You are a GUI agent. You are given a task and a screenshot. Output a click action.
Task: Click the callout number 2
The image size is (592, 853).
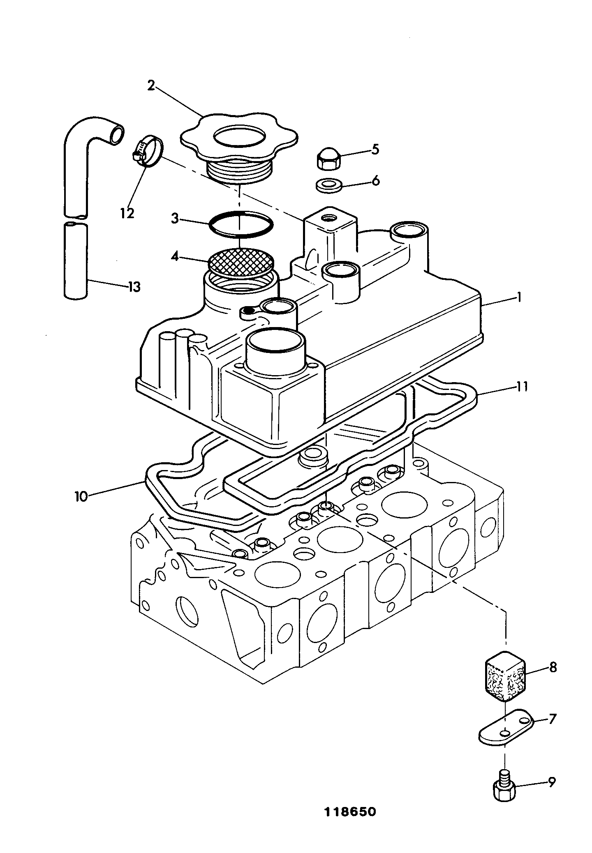coord(151,86)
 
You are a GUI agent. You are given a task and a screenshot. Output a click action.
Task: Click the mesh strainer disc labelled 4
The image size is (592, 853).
coord(241,261)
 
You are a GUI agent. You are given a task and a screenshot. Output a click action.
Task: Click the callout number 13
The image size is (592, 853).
coord(134,287)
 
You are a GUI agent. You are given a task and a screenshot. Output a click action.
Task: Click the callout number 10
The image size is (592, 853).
coord(81,496)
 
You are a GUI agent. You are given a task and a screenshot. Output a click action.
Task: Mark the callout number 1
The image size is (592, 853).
coord(519,297)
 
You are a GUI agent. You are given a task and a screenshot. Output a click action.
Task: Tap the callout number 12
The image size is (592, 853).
coord(127,213)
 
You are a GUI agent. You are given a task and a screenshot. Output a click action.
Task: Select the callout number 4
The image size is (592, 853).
coord(175,258)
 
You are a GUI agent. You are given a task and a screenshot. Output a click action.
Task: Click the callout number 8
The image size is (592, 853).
coord(553,668)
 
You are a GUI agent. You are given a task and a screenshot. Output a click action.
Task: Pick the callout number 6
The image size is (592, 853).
coord(375,181)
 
